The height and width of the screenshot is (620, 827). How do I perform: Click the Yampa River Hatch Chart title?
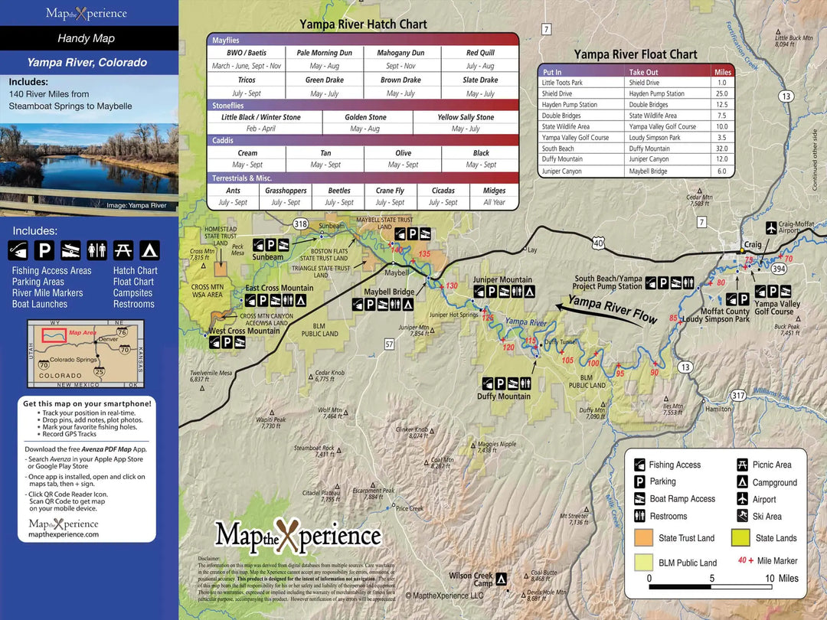(x=363, y=24)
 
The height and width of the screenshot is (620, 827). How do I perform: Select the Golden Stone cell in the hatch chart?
(x=367, y=117)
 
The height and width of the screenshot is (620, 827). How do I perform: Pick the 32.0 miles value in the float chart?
(x=720, y=148)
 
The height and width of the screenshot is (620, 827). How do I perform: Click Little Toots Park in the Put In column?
(x=562, y=83)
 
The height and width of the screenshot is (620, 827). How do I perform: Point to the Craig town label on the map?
(x=753, y=244)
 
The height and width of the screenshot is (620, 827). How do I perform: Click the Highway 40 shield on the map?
(x=599, y=243)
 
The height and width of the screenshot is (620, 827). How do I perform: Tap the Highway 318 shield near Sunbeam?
(x=300, y=224)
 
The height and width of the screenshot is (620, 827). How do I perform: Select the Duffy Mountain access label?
(x=503, y=396)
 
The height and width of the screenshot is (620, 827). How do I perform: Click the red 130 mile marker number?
(x=451, y=286)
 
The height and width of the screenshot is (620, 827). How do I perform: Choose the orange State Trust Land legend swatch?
(x=644, y=538)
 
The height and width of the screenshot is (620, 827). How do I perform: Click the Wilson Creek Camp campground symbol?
(x=502, y=579)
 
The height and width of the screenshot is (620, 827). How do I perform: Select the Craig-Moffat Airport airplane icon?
(x=771, y=228)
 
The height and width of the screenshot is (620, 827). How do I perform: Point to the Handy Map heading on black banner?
(x=86, y=38)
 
